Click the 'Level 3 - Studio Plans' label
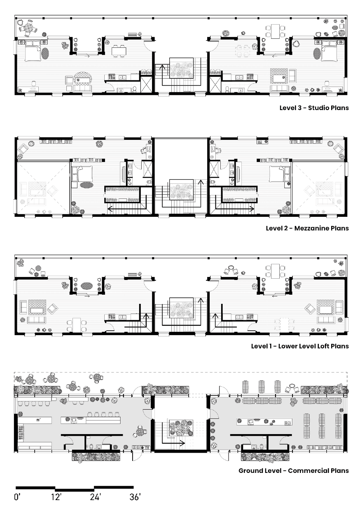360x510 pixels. (314, 108)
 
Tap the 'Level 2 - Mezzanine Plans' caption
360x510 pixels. (307, 228)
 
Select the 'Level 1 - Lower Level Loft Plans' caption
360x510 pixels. (300, 346)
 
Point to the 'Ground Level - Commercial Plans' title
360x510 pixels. (293, 470)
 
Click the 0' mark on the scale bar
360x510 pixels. (17, 497)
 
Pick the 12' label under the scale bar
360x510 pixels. (56, 497)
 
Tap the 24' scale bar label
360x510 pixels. (95, 497)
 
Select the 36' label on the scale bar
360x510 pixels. (135, 497)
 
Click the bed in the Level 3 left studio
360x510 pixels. (33, 51)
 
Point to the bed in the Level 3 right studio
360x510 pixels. (329, 51)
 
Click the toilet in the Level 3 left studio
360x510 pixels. (134, 89)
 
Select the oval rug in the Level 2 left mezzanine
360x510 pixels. (86, 185)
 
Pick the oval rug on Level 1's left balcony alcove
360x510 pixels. (86, 285)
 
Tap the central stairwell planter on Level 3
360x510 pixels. (182, 68)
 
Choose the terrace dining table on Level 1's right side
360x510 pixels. (276, 271)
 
